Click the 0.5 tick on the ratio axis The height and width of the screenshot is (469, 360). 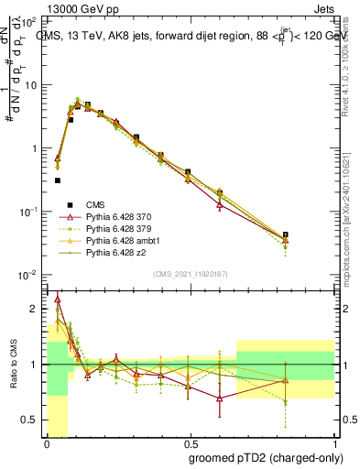point(29,420)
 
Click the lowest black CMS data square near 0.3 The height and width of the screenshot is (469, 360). point(58,180)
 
